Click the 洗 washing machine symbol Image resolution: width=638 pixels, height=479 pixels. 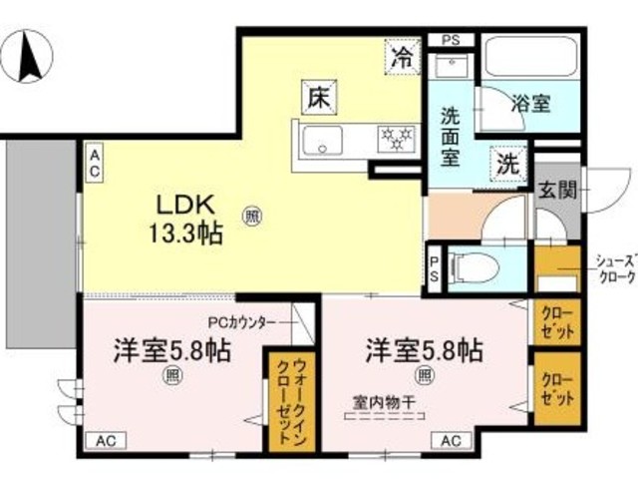click(x=506, y=163)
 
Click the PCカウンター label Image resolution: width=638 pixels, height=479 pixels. click(x=239, y=323)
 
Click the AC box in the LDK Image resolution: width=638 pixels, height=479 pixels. click(x=93, y=164)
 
